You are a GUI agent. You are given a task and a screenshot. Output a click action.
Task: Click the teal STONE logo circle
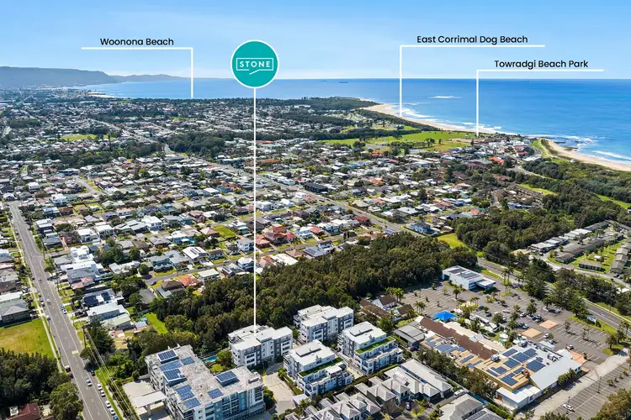click(x=254, y=65)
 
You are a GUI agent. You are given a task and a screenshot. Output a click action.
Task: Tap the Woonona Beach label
click(x=137, y=41)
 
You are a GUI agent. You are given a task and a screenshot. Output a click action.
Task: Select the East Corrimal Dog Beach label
click(x=472, y=39)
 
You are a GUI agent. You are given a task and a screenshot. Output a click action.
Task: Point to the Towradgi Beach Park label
click(x=541, y=64)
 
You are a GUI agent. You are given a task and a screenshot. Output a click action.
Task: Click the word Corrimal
click(x=459, y=39)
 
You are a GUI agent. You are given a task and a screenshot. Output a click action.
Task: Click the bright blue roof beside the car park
click(x=444, y=317)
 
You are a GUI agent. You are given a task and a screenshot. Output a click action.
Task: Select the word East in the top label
click(x=427, y=39)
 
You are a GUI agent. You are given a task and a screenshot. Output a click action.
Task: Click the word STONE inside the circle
click(x=254, y=65)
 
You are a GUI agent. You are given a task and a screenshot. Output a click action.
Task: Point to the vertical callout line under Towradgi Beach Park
click(x=477, y=101)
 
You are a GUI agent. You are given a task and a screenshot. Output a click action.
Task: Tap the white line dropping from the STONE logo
click(x=254, y=210)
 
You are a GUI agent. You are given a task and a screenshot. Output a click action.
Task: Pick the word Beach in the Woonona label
click(x=161, y=41)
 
